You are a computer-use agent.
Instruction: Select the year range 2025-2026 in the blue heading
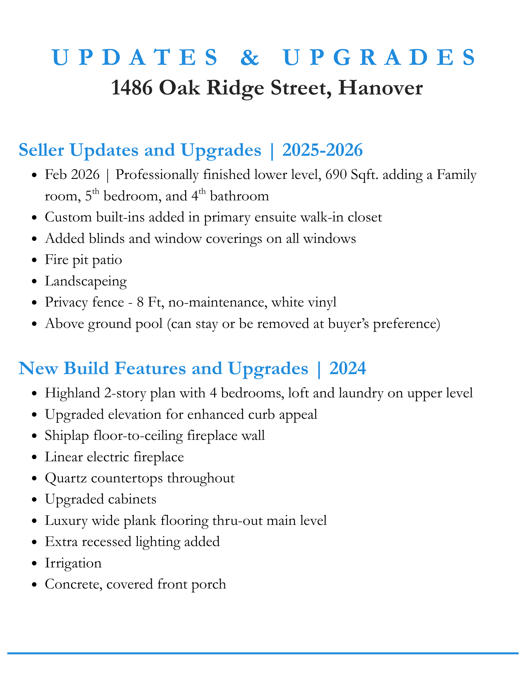[x=322, y=150]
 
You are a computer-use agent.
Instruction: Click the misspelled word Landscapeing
[x=86, y=281]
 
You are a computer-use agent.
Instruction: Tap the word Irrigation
[x=73, y=563]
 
